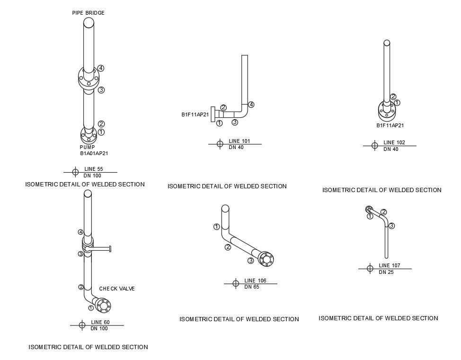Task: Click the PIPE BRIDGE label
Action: pos(88,13)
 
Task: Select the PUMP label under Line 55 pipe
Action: pos(87,147)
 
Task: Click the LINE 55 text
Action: pos(93,169)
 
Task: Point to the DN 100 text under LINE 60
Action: pos(99,328)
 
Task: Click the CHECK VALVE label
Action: pos(117,289)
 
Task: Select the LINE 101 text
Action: pos(239,141)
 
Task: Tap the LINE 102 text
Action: pos(394,142)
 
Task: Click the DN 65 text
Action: pos(252,287)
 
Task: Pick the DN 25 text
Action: pos(386,272)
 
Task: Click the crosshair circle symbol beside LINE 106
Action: pos(235,283)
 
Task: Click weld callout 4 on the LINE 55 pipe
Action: pos(101,68)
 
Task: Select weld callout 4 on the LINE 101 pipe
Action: pos(251,105)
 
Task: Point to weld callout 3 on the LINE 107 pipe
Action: pos(392,226)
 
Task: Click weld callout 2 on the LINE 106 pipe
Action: pos(228,247)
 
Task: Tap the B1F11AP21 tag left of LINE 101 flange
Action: pos(195,114)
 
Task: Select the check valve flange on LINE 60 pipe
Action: pos(104,306)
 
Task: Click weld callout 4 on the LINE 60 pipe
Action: pos(81,232)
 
